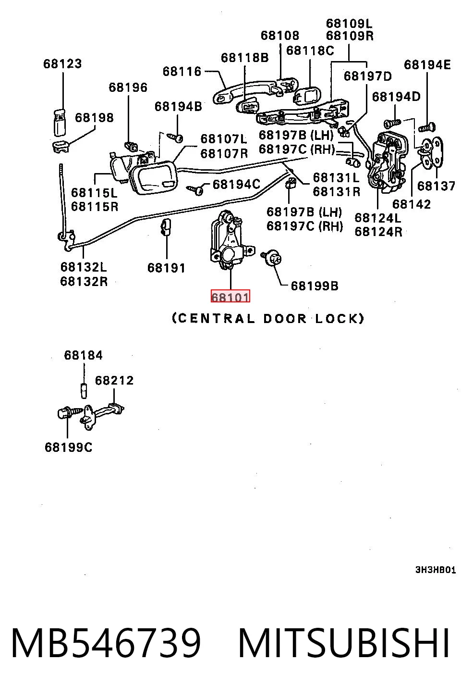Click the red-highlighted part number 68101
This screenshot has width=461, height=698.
(x=230, y=297)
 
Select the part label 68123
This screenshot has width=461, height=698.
(x=62, y=64)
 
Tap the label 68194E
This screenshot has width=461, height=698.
(x=427, y=65)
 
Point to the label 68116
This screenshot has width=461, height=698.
(x=182, y=72)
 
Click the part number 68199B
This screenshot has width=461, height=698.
(x=315, y=286)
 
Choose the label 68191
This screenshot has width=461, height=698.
(x=166, y=268)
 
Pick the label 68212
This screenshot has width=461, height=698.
(x=114, y=380)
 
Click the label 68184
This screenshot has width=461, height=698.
(x=84, y=355)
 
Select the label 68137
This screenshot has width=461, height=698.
(x=437, y=186)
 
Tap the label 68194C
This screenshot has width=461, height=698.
(x=237, y=185)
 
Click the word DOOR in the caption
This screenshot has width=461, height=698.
(x=285, y=319)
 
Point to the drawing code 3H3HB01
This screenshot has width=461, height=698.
(x=436, y=570)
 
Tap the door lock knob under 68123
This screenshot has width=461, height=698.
(x=60, y=123)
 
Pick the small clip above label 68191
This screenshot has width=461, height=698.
(x=165, y=226)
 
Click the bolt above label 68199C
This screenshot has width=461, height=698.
(x=70, y=412)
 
